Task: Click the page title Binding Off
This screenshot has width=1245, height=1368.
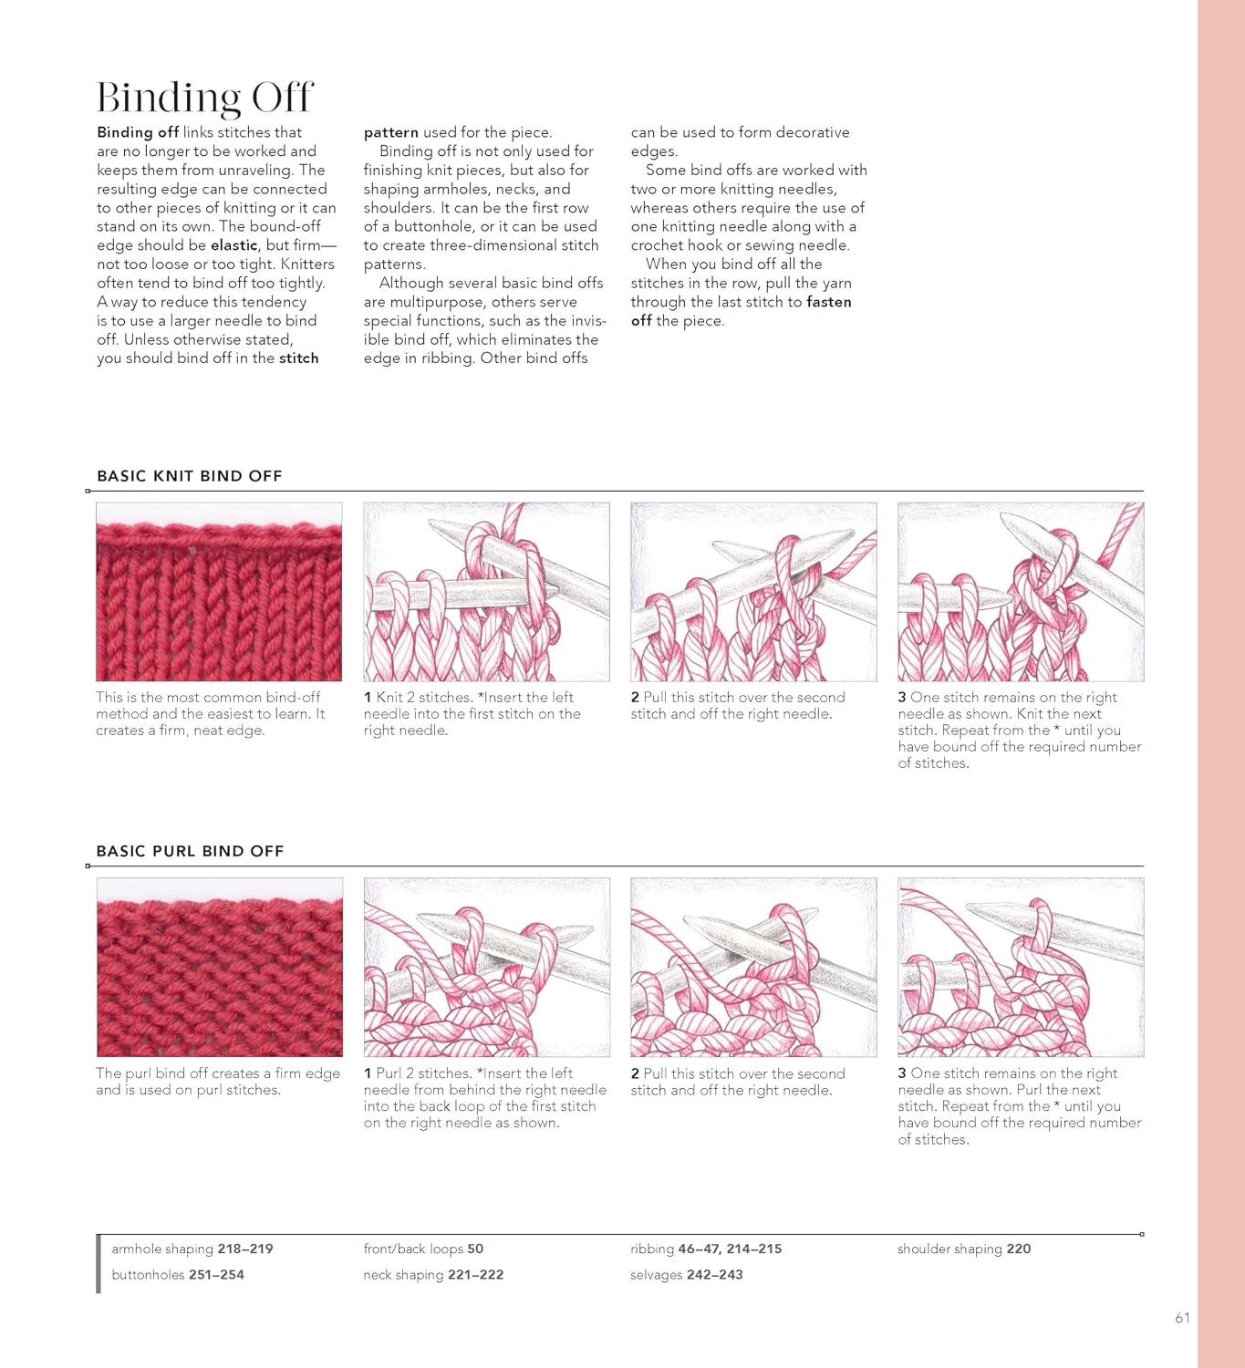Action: (204, 97)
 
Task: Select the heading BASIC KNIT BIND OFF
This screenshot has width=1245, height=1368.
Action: (190, 476)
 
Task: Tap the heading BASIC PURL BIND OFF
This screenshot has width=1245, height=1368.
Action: (190, 851)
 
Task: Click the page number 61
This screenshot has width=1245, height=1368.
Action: (1182, 1318)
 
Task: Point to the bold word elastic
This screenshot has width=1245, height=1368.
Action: (234, 244)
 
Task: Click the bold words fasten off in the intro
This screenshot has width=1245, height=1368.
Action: (741, 311)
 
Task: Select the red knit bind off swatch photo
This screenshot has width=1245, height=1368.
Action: (219, 592)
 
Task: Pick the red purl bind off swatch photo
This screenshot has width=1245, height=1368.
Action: (220, 967)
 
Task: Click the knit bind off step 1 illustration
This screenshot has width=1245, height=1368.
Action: (486, 592)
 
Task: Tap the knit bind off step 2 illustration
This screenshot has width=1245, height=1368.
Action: (753, 592)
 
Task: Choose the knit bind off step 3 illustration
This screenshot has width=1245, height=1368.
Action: (1021, 592)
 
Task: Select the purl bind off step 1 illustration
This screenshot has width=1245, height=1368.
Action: (487, 967)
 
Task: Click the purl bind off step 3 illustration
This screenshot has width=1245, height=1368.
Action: (1021, 967)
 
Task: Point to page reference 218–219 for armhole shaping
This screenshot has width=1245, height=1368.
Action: (245, 1249)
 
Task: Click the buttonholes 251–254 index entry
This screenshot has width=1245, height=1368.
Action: (177, 1275)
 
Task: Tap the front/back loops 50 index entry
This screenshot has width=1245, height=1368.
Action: (423, 1249)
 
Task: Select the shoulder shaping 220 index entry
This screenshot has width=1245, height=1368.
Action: (964, 1249)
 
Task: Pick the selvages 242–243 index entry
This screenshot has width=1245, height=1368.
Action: (686, 1275)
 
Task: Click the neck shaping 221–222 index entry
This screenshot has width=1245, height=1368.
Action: (433, 1275)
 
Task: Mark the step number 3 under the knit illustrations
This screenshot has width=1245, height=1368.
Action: (902, 697)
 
